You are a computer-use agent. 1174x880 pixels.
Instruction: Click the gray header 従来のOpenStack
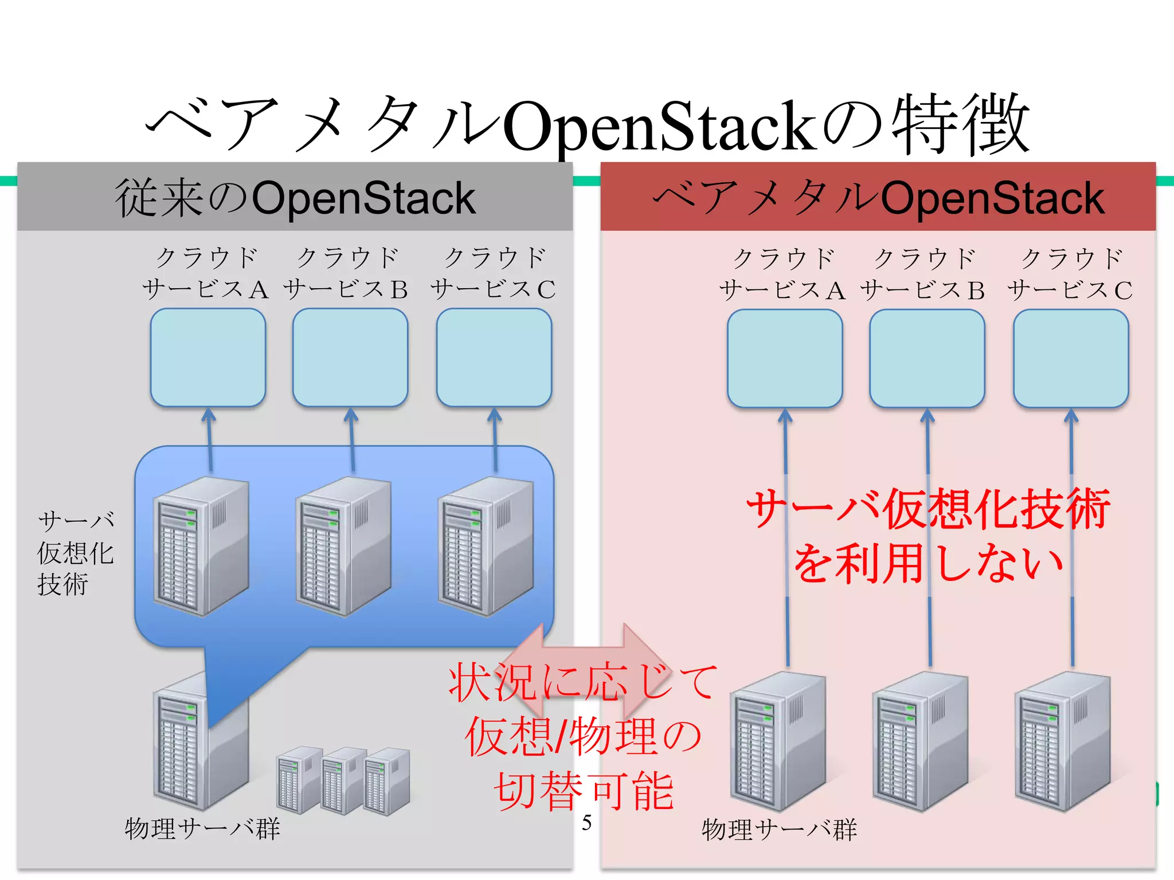pos(295,198)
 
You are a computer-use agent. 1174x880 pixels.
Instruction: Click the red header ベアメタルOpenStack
pos(878,198)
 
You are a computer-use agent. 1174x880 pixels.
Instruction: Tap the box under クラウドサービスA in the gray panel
pos(208,357)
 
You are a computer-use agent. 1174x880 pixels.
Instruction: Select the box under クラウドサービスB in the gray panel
pos(350,357)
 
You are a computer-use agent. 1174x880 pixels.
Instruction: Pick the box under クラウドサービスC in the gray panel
pos(494,357)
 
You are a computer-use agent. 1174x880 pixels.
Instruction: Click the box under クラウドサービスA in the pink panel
pos(785,359)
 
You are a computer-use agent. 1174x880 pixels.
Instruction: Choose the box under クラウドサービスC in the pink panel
pos(1071,359)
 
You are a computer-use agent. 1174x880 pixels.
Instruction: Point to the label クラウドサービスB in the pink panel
pos(923,274)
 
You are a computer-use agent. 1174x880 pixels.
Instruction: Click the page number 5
pos(586,823)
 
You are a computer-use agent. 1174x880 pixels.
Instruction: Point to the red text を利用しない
pos(929,564)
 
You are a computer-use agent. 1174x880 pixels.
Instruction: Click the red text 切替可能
pos(584,791)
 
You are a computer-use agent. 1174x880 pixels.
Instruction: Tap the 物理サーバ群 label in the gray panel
pos(202,828)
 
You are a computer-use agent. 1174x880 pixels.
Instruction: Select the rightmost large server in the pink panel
pos(1062,742)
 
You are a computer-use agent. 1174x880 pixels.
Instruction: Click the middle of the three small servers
pos(343,780)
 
